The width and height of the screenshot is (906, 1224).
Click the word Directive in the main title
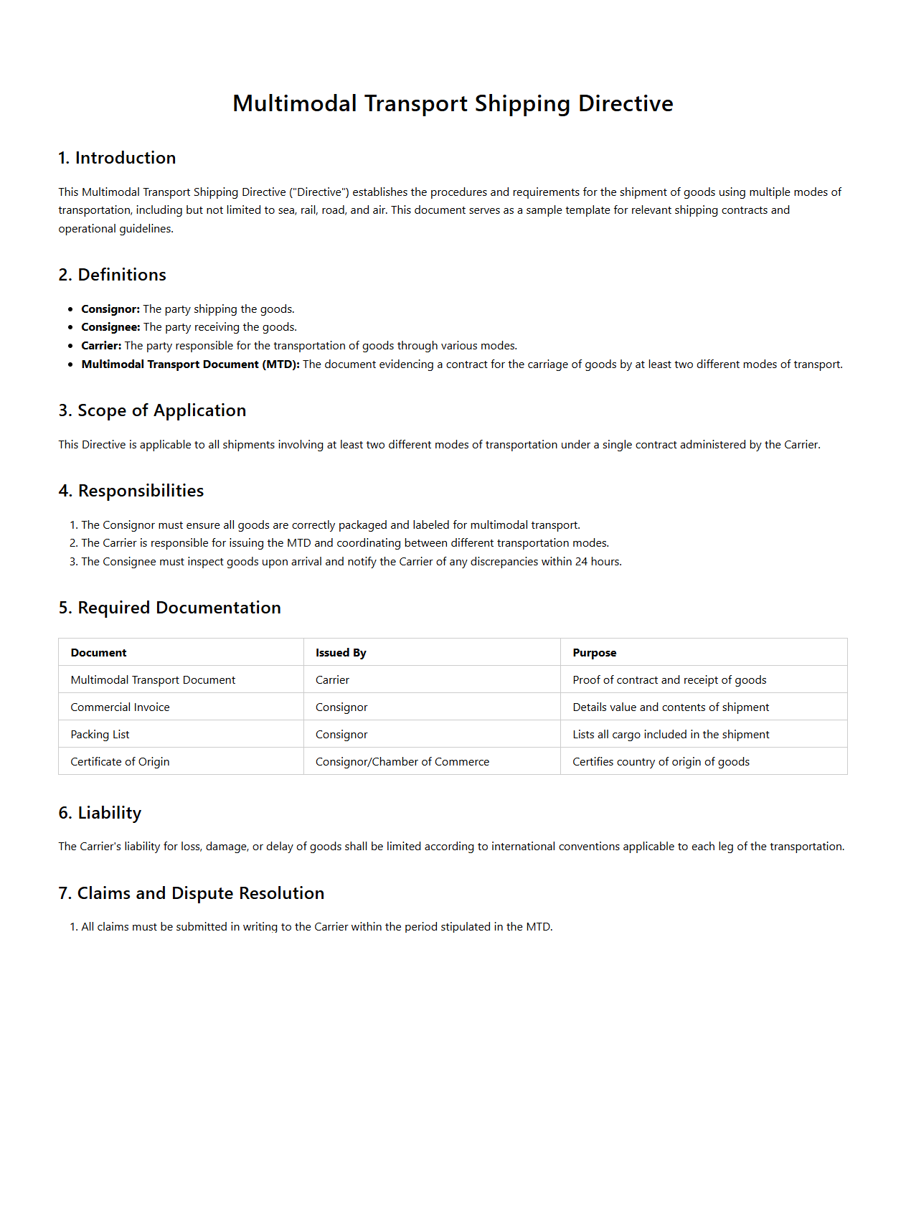626,103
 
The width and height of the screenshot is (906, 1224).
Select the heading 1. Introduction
117,158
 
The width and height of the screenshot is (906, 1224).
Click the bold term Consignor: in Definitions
110,309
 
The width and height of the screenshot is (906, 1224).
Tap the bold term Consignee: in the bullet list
110,327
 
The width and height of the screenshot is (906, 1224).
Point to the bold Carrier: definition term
101,346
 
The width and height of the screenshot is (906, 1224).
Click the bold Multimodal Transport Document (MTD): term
190,364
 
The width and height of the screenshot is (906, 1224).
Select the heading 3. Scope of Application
152,410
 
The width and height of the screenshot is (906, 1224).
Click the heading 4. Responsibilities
131,491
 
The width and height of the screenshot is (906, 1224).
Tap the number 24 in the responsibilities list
581,562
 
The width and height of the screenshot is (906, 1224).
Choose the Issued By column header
341,653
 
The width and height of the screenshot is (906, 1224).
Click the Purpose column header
594,653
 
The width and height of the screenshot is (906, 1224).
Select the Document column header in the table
98,653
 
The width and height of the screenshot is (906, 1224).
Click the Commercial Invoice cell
120,707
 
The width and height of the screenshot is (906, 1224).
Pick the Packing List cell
100,735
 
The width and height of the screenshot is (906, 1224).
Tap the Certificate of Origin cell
120,762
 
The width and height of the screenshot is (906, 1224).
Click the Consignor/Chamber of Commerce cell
402,762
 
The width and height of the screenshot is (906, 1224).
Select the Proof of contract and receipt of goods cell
669,680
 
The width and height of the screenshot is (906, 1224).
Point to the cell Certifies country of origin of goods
660,762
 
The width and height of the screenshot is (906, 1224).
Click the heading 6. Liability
100,813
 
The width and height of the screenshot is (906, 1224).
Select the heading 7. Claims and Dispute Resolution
191,893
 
